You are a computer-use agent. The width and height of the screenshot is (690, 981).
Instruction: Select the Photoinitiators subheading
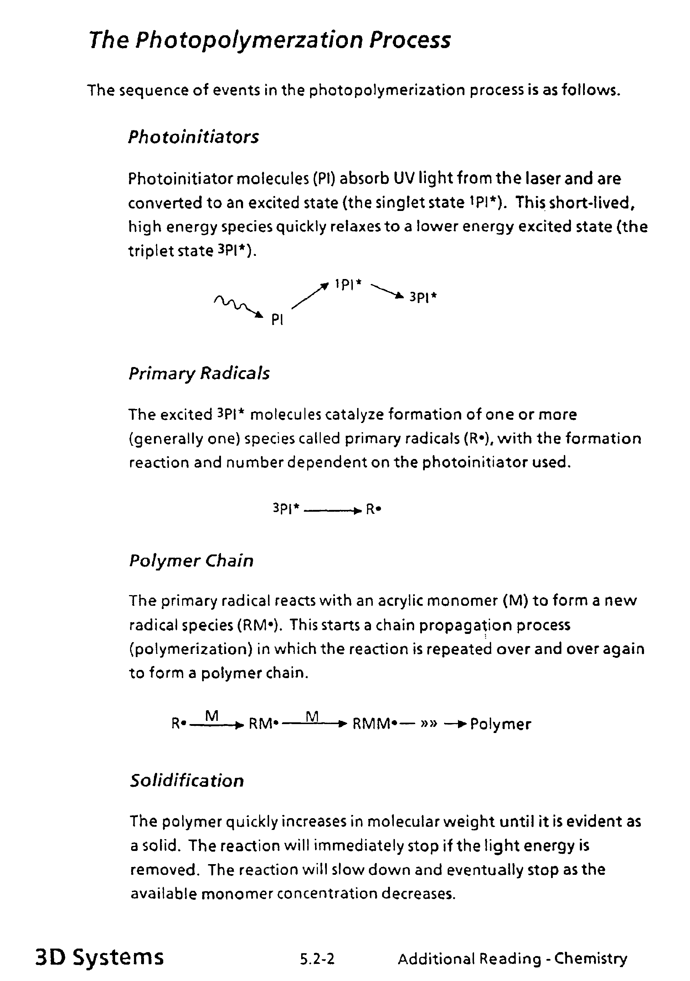tap(194, 137)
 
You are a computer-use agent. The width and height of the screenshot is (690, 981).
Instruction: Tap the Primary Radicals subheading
tap(199, 373)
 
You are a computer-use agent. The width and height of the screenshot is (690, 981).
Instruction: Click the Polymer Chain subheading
tap(191, 561)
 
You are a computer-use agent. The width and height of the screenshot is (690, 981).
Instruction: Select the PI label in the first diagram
tap(277, 320)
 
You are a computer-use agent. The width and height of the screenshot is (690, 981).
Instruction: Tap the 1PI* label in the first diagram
tap(348, 284)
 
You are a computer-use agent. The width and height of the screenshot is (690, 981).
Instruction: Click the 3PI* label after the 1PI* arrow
tap(423, 297)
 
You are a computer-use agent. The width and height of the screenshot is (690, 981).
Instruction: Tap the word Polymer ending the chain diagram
tap(500, 724)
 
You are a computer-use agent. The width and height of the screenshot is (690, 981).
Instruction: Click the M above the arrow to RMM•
tap(312, 716)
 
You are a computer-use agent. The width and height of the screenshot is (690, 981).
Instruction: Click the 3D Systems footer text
tap(99, 957)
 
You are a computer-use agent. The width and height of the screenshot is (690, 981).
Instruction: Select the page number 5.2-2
tap(317, 959)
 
